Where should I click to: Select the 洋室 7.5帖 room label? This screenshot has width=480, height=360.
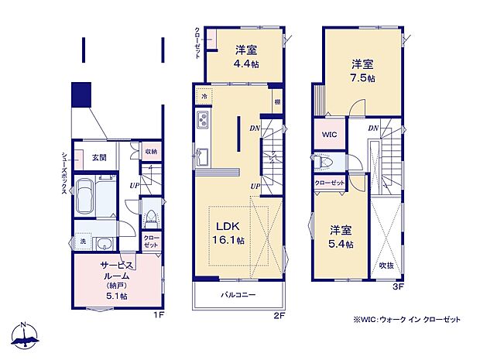(362, 70)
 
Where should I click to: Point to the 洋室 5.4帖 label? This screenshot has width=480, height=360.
(341, 237)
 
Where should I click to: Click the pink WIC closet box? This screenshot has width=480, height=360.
(328, 134)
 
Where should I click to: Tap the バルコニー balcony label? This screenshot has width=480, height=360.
(237, 294)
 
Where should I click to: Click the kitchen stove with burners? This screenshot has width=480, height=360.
(204, 122)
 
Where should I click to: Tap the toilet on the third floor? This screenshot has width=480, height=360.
(329, 163)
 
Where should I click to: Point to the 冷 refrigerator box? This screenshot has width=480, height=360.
(204, 97)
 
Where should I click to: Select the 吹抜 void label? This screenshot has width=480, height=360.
(385, 266)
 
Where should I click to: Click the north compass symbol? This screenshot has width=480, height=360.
(26, 336)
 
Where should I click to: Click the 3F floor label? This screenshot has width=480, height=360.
(398, 288)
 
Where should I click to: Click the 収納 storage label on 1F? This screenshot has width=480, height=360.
(152, 153)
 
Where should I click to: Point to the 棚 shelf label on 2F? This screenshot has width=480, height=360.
(276, 101)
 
